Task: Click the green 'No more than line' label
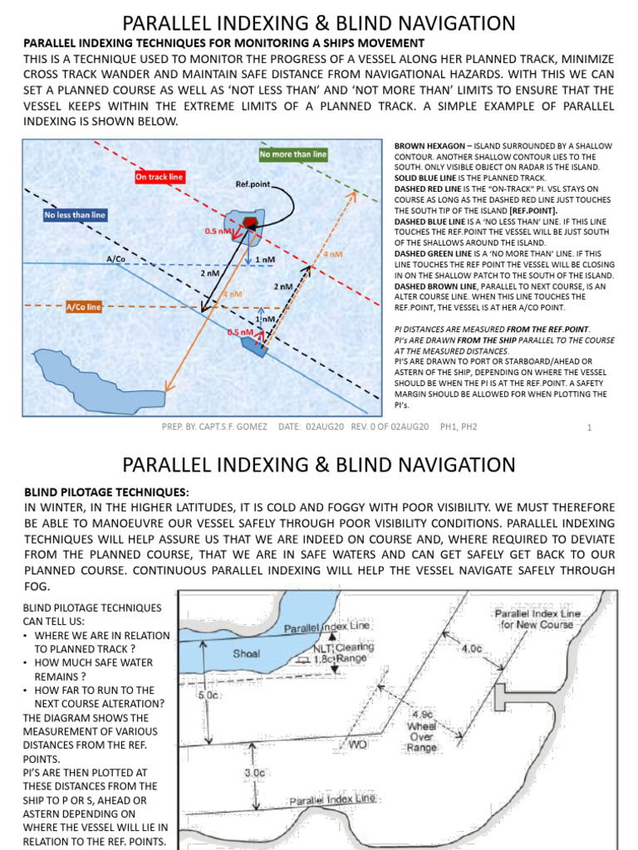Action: coord(293,154)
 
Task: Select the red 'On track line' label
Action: coord(159,177)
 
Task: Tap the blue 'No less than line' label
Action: coord(75,216)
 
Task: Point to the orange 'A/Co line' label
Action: coord(83,306)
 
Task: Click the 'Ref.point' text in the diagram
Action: coord(253,184)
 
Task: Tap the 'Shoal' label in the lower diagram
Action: coord(246,653)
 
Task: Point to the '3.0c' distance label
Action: coord(255,772)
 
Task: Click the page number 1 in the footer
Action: coord(588,427)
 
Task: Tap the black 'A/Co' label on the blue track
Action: coord(115,259)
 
